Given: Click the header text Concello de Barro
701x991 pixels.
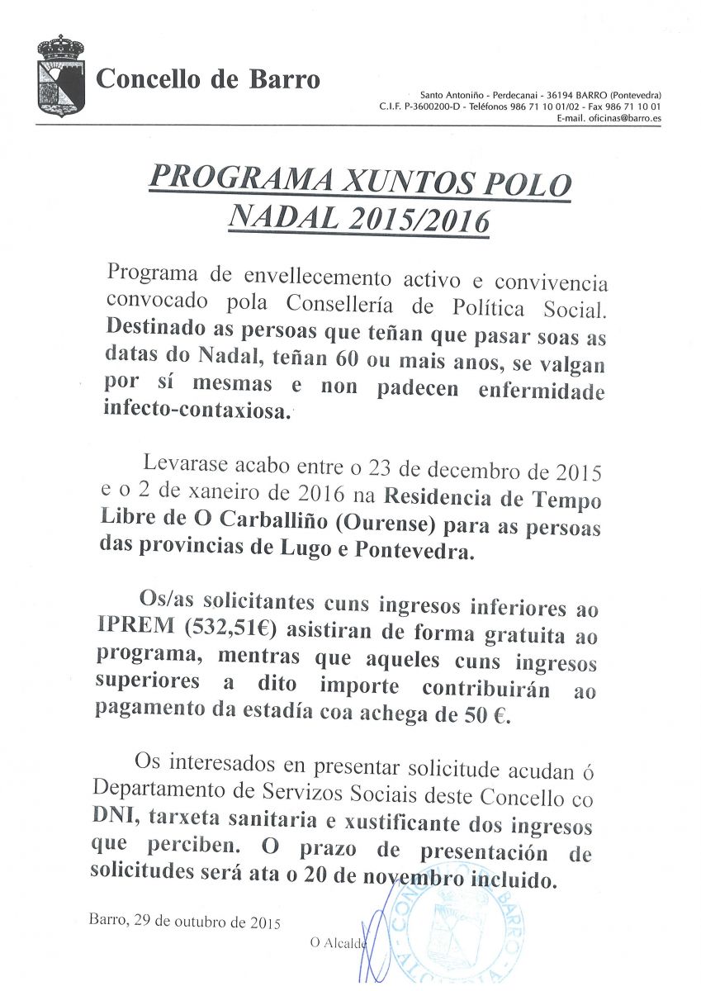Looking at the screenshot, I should [x=208, y=80].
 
